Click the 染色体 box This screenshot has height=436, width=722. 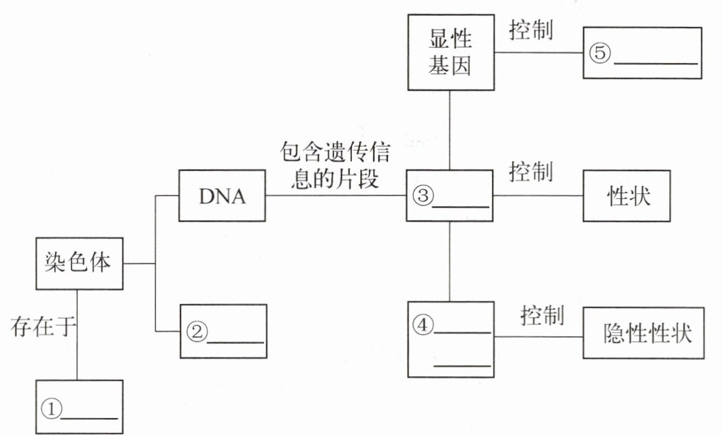click(78, 263)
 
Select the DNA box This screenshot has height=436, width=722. click(222, 196)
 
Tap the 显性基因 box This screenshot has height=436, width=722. click(450, 52)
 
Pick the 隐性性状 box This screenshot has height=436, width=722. click(647, 334)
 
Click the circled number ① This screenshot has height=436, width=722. click(51, 408)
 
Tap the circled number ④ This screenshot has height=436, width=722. click(422, 325)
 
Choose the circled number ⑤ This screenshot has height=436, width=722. click(599, 53)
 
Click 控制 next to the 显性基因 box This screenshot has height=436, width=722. click(531, 31)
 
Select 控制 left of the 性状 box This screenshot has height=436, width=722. click(531, 173)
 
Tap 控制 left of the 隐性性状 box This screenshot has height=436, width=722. click(542, 316)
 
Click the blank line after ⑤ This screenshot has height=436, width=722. click(655, 63)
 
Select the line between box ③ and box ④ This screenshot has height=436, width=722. click(450, 261)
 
